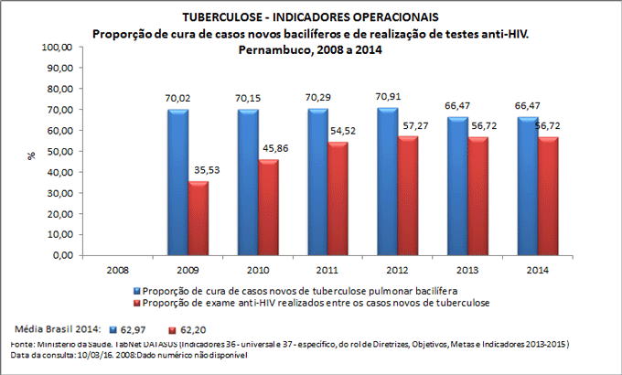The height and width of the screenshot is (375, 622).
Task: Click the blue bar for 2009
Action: [x=178, y=182]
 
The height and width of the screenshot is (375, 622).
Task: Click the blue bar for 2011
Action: [x=316, y=182]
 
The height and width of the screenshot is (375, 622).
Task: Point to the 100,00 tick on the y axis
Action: [x=59, y=47]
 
